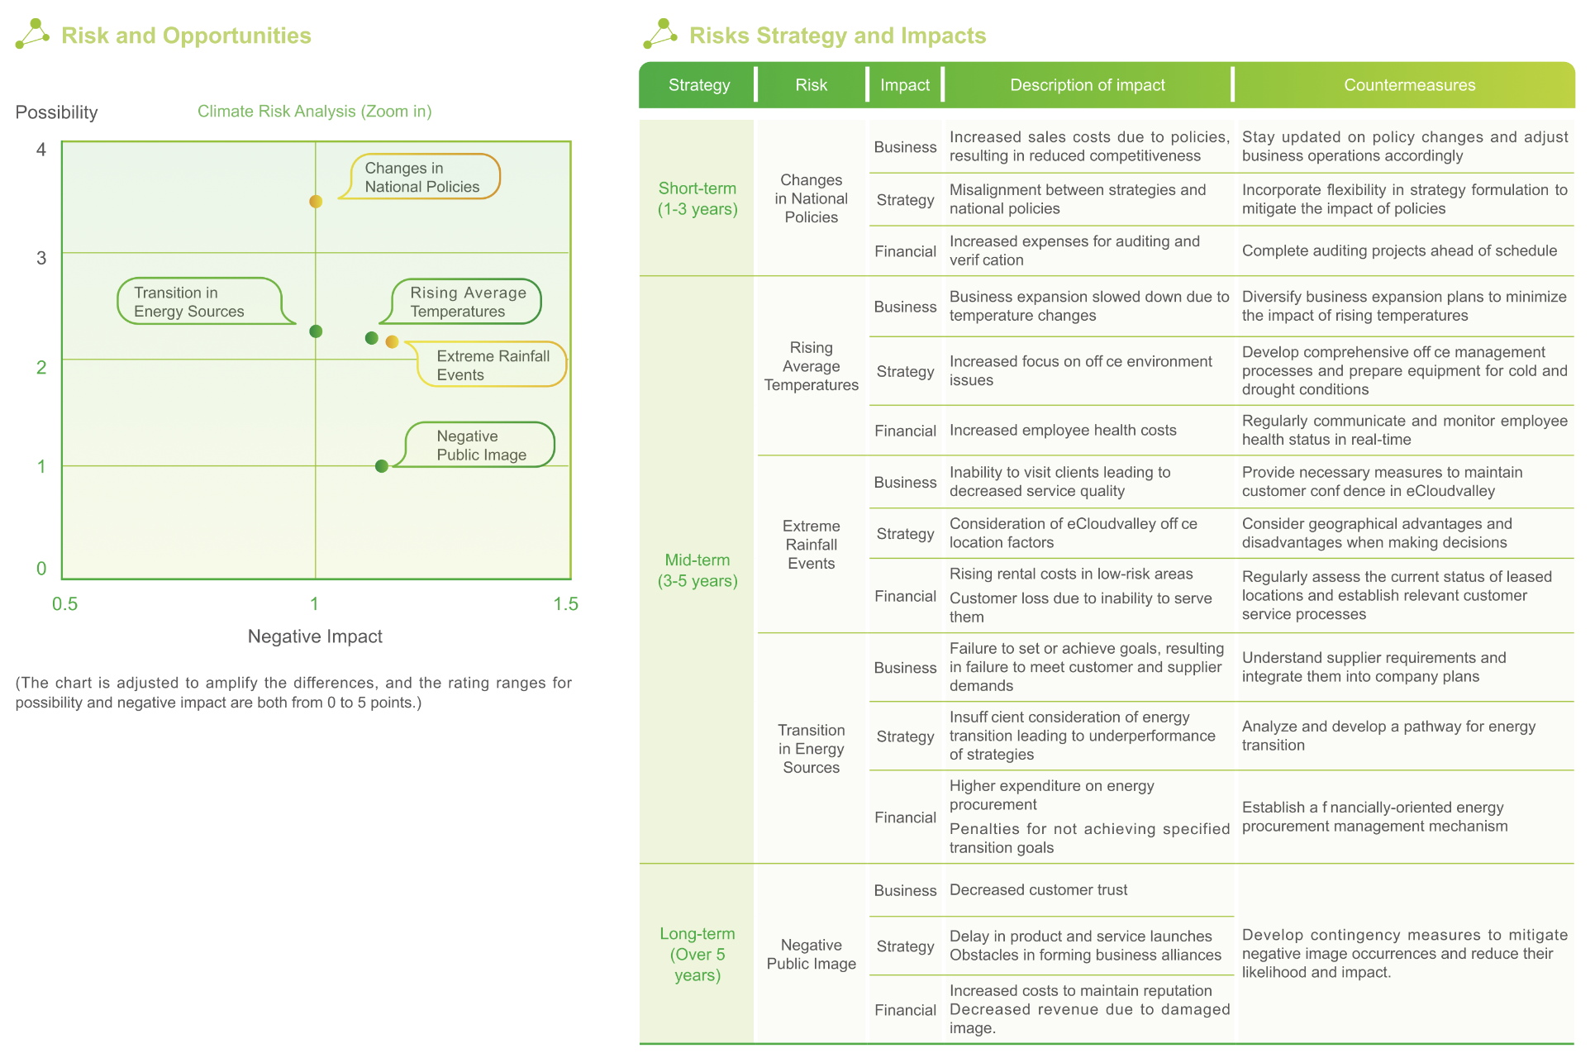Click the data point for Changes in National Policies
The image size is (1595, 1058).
(x=316, y=202)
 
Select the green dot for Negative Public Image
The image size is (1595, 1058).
(x=382, y=466)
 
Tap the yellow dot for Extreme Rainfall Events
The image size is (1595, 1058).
(x=393, y=342)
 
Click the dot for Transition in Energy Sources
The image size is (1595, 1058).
(x=316, y=331)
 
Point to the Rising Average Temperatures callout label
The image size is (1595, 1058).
(x=467, y=302)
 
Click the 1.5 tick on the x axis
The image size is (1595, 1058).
(x=565, y=604)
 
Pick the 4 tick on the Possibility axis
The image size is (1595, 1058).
(x=41, y=150)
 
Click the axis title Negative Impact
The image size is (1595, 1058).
(x=315, y=636)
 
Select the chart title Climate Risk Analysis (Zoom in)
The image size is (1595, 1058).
(x=314, y=112)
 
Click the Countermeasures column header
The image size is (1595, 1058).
(x=1408, y=85)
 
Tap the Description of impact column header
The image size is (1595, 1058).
(x=1087, y=85)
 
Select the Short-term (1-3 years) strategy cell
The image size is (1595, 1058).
(x=697, y=198)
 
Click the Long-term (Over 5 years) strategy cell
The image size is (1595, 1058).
(x=697, y=954)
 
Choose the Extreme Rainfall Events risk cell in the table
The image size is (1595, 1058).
(x=811, y=545)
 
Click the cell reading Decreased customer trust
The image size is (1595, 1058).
(x=1038, y=890)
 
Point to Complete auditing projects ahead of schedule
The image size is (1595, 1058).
(x=1398, y=251)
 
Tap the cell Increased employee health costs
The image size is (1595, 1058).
(x=1062, y=431)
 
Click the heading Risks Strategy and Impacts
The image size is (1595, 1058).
(x=837, y=36)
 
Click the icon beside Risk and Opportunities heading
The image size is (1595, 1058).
(x=32, y=34)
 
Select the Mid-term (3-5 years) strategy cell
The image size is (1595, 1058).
(x=697, y=570)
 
